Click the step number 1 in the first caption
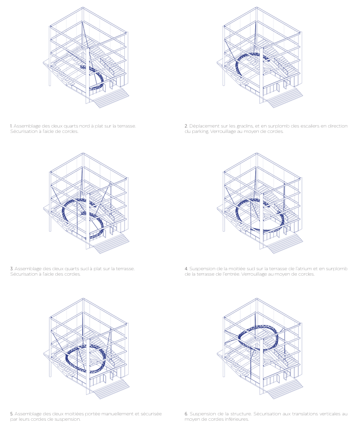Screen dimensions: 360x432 click(x=11, y=126)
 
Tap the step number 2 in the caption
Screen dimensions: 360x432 click(x=186, y=126)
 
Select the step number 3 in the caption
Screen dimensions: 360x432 click(x=12, y=269)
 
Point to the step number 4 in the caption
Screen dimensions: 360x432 click(x=186, y=269)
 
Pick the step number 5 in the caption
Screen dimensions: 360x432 click(x=12, y=414)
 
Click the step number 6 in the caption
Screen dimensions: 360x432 click(x=186, y=414)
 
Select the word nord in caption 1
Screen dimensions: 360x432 click(x=84, y=126)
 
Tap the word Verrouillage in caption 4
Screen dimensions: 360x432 click(x=257, y=275)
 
